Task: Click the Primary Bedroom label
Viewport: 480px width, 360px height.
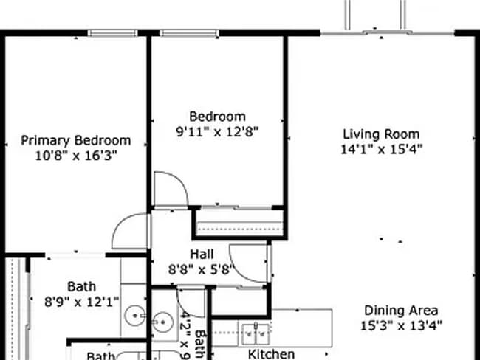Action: click(x=75, y=140)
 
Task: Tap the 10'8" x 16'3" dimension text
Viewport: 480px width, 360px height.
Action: click(x=75, y=156)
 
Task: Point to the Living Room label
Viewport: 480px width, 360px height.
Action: click(x=381, y=134)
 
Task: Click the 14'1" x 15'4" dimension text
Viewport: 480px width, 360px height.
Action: click(x=381, y=149)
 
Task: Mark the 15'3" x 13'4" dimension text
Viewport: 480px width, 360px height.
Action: click(x=402, y=325)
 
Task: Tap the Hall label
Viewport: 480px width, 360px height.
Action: click(x=202, y=254)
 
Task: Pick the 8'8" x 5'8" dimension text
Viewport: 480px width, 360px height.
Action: click(x=202, y=269)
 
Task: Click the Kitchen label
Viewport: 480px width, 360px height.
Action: click(x=271, y=354)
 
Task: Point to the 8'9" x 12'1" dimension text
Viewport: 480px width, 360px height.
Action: click(x=82, y=301)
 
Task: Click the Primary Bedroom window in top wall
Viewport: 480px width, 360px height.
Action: click(x=112, y=32)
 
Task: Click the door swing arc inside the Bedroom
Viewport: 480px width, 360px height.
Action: click(x=168, y=188)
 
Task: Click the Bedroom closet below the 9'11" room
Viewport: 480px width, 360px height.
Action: click(x=239, y=223)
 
